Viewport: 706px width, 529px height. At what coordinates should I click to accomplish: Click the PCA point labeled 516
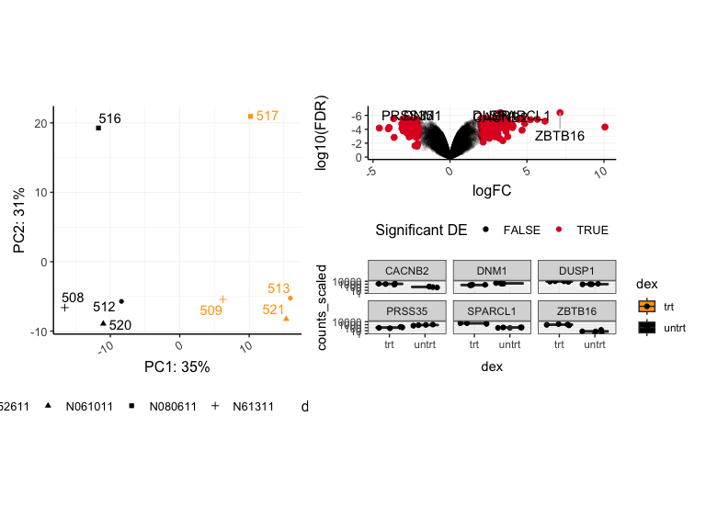[98, 128]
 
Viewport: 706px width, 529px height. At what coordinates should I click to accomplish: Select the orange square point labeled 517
[250, 116]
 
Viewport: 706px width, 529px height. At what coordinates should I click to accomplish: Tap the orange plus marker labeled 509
[222, 298]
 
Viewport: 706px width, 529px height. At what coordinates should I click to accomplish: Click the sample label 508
[73, 298]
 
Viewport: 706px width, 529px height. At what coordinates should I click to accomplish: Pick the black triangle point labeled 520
[103, 322]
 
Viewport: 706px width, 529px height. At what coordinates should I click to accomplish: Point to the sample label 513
[279, 288]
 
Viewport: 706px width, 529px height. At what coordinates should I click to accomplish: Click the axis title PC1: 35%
[177, 367]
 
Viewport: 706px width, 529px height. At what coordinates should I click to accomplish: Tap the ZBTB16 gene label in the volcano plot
[560, 136]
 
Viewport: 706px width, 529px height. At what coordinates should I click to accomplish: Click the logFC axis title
[491, 190]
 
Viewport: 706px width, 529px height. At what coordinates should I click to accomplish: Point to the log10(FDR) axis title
[321, 133]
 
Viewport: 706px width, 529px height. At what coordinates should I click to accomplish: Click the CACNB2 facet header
[408, 271]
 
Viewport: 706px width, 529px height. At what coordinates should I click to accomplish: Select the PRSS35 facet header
[408, 310]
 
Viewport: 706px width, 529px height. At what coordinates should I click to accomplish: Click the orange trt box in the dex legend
[647, 307]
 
